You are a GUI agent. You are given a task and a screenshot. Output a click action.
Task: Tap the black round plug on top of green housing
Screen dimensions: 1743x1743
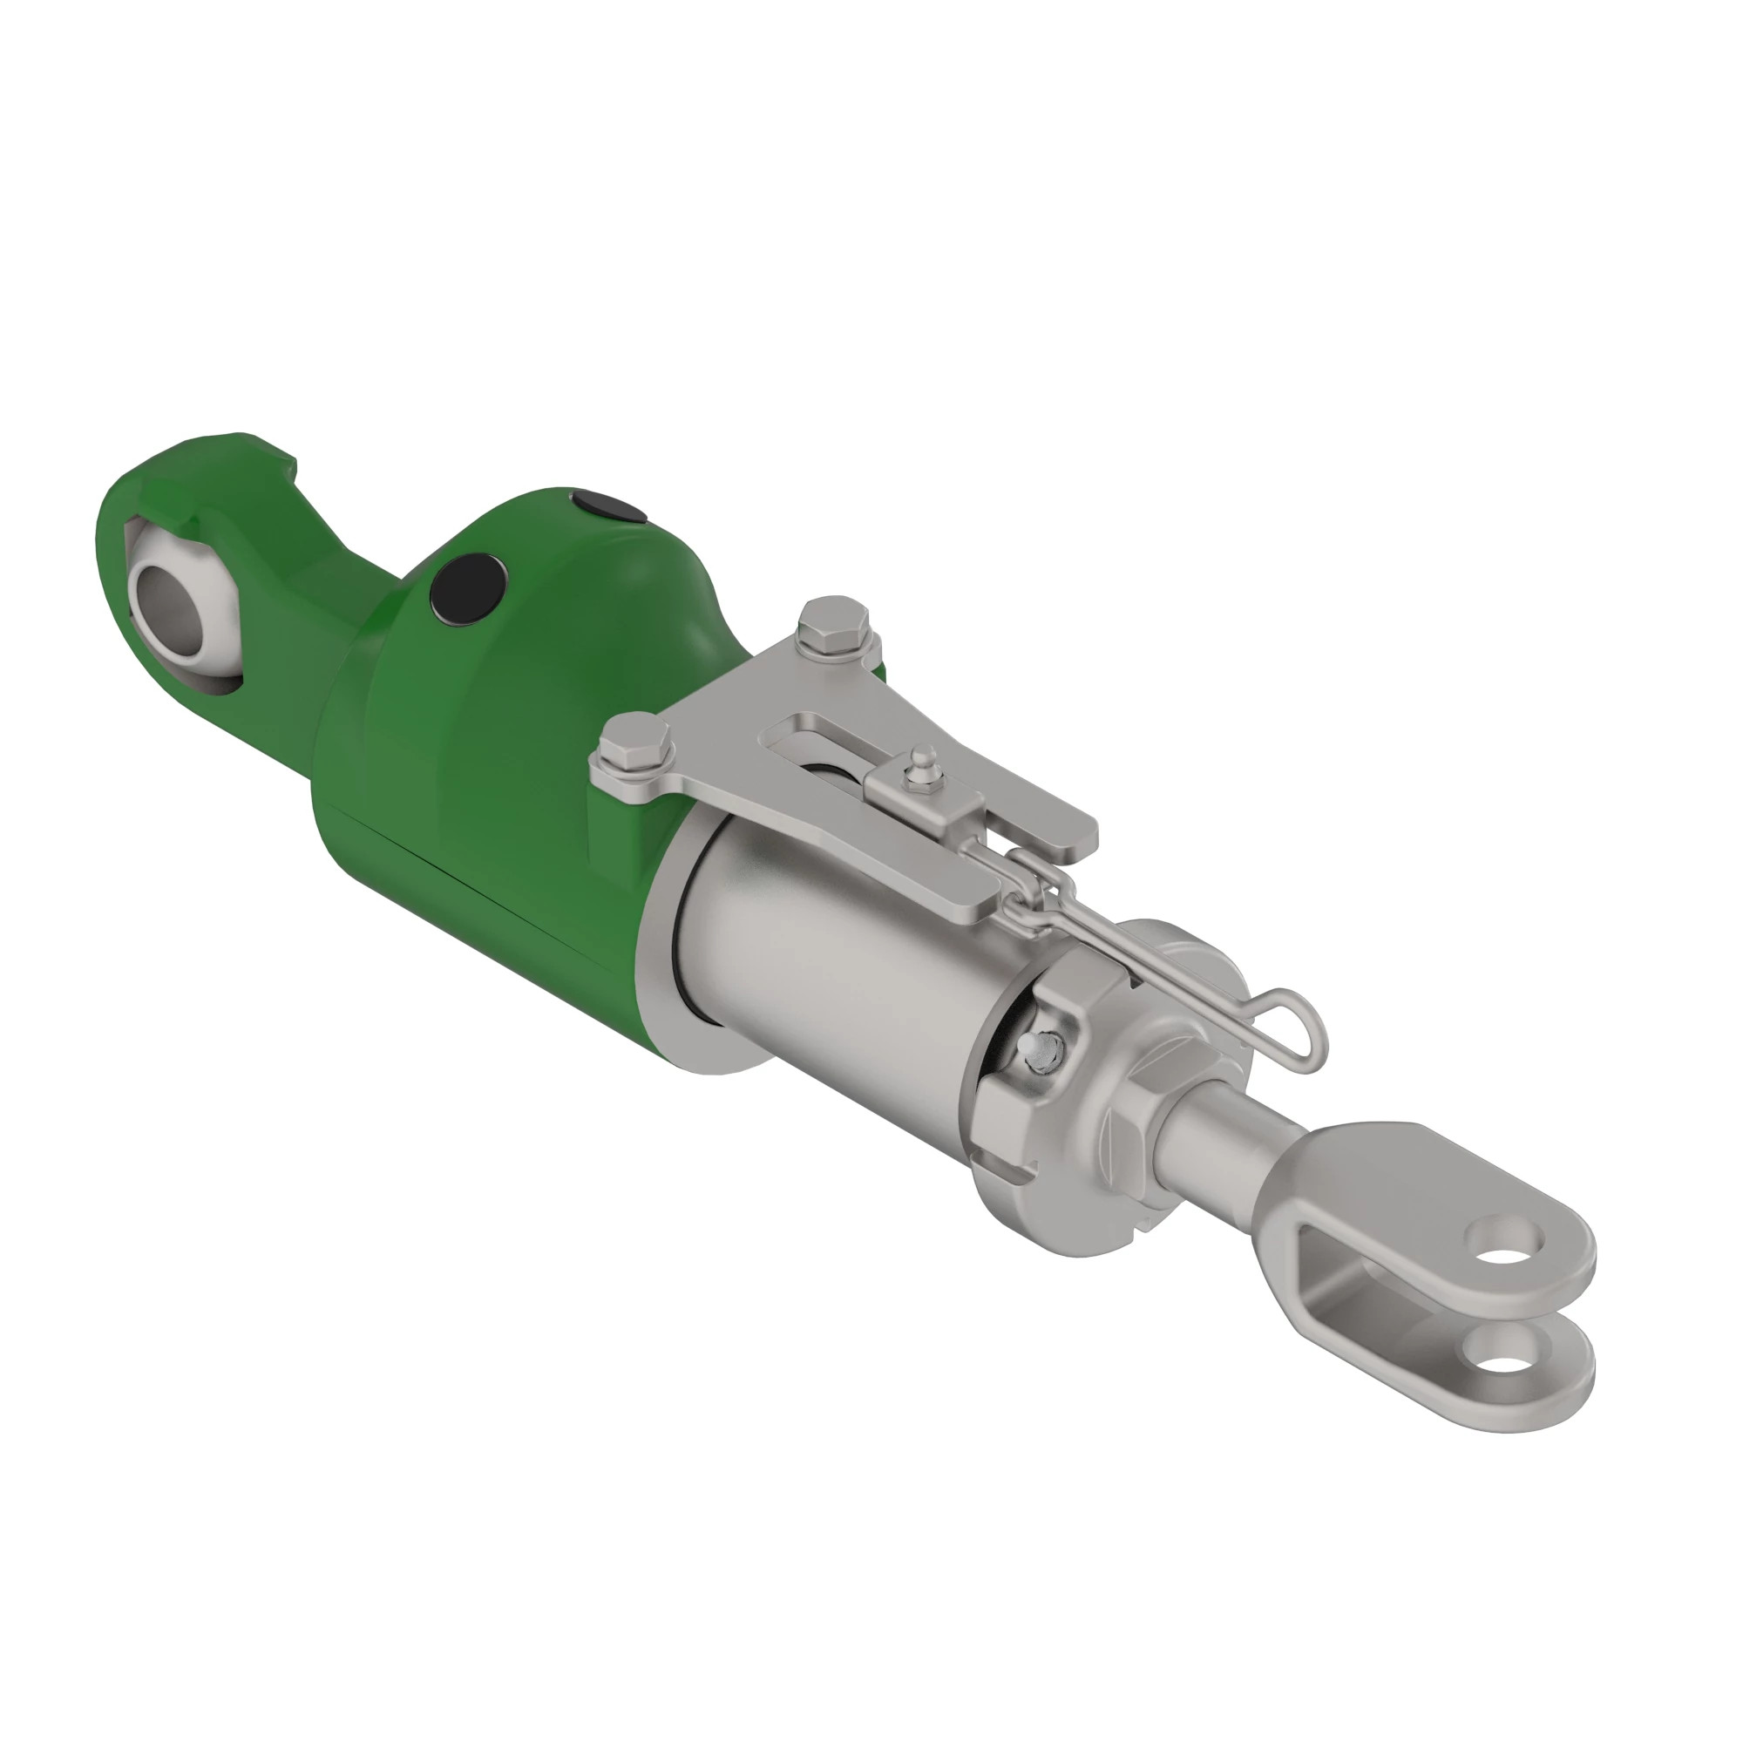(x=610, y=507)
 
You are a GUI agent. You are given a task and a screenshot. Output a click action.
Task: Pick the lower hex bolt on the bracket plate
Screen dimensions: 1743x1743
(x=637, y=738)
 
